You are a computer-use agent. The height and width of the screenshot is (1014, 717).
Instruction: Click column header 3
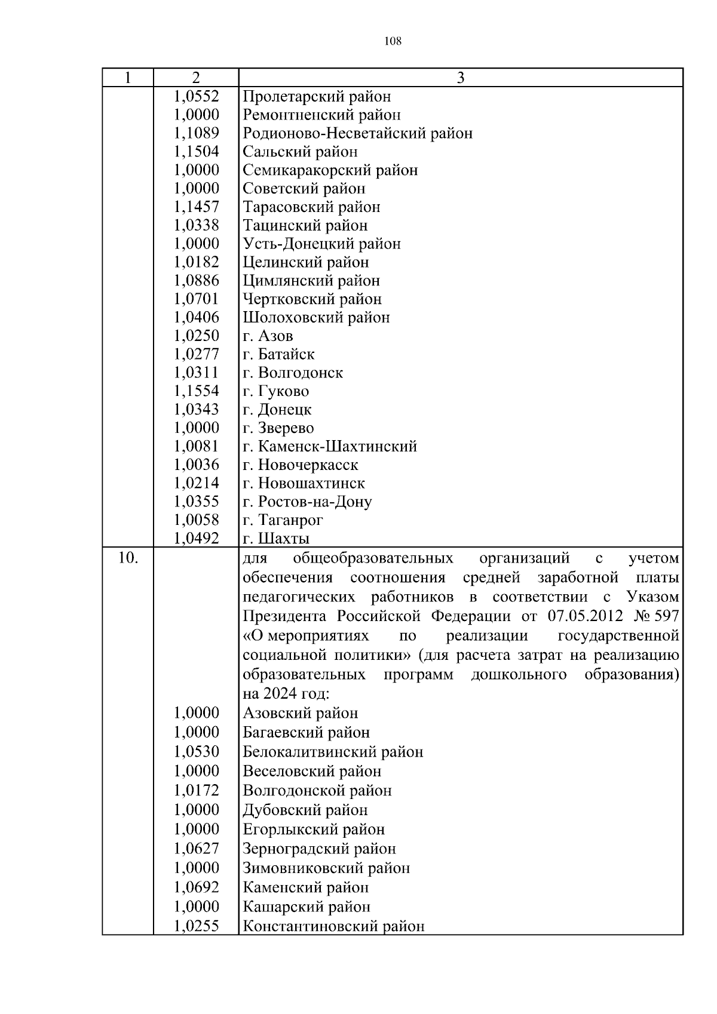(x=460, y=78)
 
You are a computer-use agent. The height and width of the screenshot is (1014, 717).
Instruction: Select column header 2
(x=196, y=78)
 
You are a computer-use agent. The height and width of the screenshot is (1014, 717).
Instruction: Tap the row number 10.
(x=128, y=558)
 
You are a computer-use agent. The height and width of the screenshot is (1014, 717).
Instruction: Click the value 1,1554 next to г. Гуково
(x=197, y=391)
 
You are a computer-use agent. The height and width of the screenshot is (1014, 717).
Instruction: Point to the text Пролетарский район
(x=317, y=96)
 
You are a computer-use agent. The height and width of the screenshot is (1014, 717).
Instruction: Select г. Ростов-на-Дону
(x=307, y=502)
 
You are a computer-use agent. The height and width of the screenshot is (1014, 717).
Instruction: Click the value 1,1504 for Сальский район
(x=197, y=152)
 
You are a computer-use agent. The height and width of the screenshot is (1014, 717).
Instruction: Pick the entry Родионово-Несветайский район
(x=357, y=133)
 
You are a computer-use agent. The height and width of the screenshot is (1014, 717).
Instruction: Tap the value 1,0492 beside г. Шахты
(x=197, y=539)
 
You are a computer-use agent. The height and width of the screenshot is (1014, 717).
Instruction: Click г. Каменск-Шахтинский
(x=330, y=446)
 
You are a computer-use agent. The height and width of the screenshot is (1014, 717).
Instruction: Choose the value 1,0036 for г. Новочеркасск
(x=197, y=465)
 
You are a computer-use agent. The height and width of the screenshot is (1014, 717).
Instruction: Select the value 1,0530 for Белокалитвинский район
(x=197, y=751)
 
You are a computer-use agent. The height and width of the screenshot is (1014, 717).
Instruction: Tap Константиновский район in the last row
(x=333, y=926)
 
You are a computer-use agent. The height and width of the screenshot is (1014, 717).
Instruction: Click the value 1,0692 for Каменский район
(x=197, y=887)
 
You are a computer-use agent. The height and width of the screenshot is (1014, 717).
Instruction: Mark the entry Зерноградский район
(x=319, y=849)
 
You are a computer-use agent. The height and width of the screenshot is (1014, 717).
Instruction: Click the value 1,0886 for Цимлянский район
(x=197, y=281)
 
